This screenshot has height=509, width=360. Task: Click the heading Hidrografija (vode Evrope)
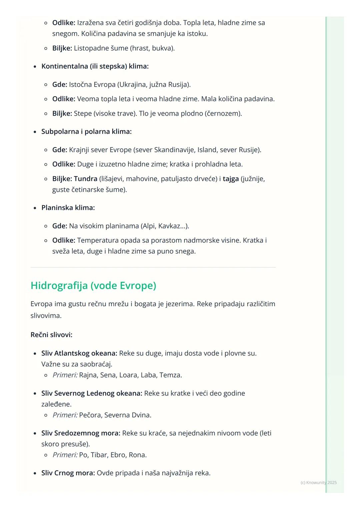coord(93,285)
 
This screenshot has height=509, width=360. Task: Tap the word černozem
coord(223,114)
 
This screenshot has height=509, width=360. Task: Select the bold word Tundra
coord(86,179)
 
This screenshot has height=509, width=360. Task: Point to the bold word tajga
coord(231,179)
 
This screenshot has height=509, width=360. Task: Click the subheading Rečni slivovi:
coord(51,335)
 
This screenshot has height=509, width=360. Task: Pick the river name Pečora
coord(90,415)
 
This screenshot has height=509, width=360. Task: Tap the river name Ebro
coord(118,455)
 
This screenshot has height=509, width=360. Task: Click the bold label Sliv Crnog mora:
coord(68,473)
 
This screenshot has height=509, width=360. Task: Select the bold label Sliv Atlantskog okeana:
coord(79,353)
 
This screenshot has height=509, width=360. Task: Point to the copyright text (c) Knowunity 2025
coord(318,483)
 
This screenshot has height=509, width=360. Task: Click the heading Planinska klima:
coord(68,208)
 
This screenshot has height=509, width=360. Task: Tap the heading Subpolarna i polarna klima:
coord(86,132)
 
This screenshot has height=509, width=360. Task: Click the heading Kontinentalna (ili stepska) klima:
coord(95,66)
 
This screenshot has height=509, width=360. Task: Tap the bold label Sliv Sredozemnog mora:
coord(81,433)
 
